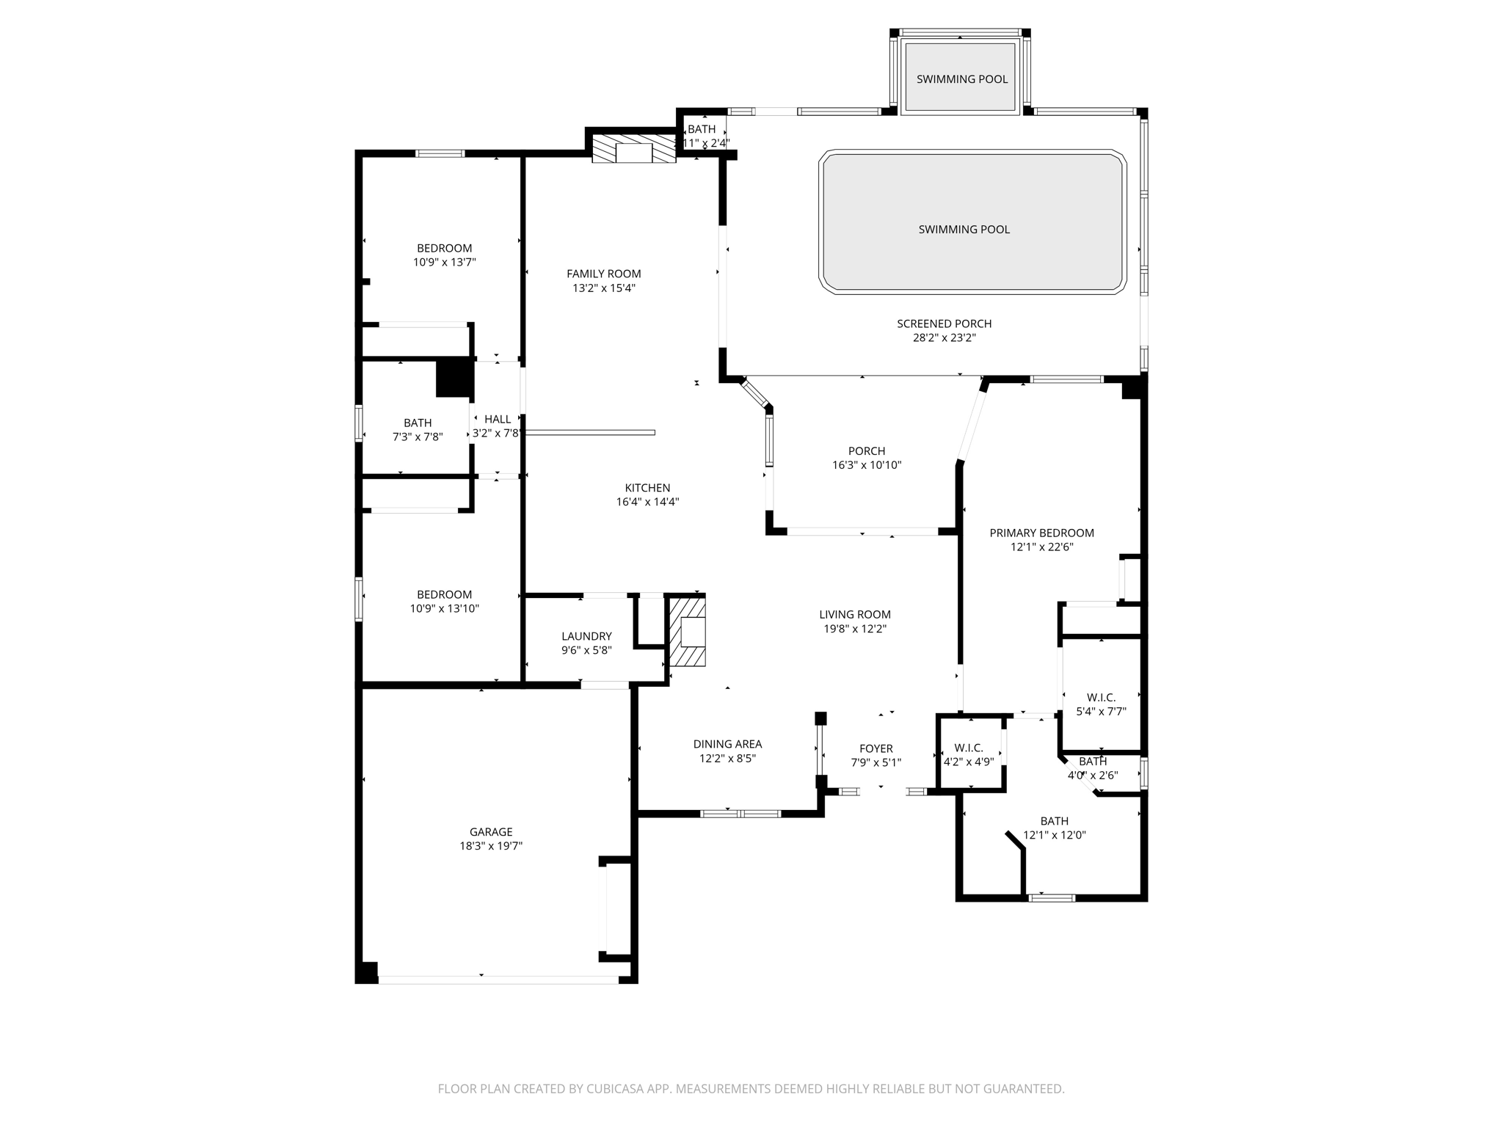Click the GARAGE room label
click(491, 831)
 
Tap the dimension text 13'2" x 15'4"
click(604, 288)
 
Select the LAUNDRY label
click(586, 636)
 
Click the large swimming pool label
click(964, 229)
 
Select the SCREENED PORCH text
click(944, 324)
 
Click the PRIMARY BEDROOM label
click(1041, 533)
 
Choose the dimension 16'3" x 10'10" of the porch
click(867, 465)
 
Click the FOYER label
click(876, 748)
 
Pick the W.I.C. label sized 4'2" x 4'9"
click(969, 748)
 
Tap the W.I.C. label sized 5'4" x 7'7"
click(1101, 697)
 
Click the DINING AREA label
click(727, 744)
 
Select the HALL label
click(498, 419)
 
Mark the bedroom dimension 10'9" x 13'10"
click(444, 608)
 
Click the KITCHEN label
click(647, 488)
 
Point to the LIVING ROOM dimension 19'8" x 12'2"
click(855, 629)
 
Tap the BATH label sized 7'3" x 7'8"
click(418, 423)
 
